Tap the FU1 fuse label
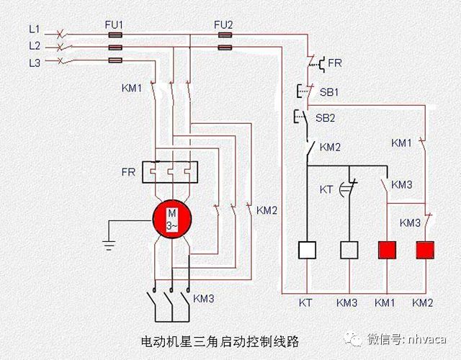pos(115,25)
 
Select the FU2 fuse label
pos(223,25)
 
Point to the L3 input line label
pos(35,63)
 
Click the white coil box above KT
pos(308,250)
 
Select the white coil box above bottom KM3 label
pos(349,250)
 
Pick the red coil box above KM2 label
pos(426,250)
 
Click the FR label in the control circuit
pos(335,63)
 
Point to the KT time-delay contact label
pos(326,189)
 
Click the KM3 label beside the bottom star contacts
pos(204,297)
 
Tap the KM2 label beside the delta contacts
pos(267,211)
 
